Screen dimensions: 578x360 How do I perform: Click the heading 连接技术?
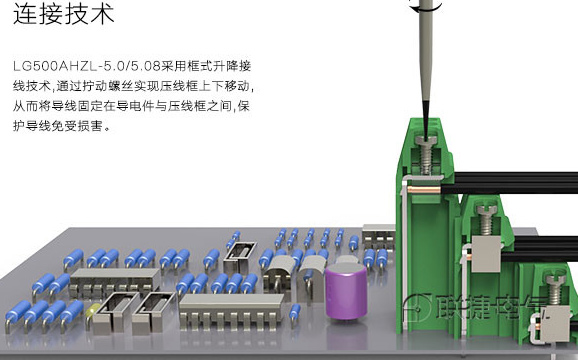tap(63, 14)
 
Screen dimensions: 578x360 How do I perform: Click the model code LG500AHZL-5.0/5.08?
tap(87, 66)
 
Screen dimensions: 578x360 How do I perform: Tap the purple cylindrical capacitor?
tap(346, 290)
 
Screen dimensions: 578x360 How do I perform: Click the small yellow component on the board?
tap(92, 312)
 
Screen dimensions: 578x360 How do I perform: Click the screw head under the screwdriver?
tap(426, 141)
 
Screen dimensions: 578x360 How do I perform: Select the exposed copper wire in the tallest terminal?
tap(424, 190)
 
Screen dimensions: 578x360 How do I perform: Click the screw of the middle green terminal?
tap(487, 219)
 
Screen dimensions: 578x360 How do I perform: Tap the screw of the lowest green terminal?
tap(555, 289)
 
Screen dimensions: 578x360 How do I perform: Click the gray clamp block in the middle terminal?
tap(486, 254)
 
